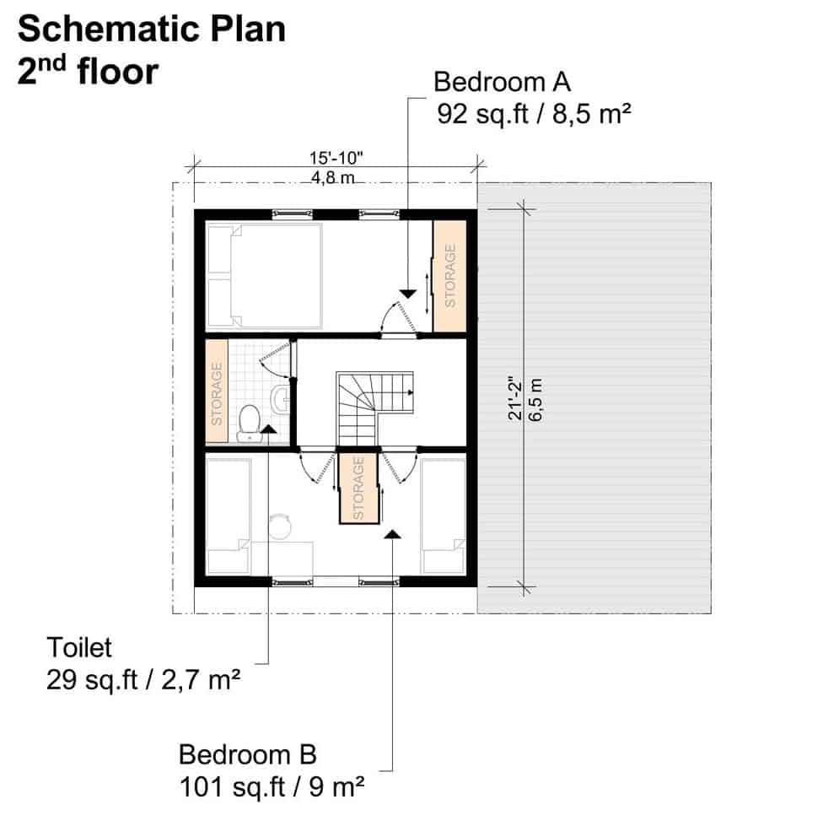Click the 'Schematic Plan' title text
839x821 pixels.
tap(152, 30)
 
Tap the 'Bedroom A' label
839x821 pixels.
tap(502, 82)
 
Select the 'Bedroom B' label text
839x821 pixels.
tap(247, 754)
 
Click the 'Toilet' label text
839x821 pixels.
tap(79, 647)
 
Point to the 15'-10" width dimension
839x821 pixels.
tap(336, 158)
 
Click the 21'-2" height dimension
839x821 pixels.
tap(514, 397)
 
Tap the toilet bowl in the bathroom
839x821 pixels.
tap(250, 423)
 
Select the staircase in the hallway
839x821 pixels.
tap(374, 408)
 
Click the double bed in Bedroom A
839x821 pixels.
tap(264, 276)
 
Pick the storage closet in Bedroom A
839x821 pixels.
tap(449, 276)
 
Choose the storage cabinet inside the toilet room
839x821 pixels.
tap(217, 392)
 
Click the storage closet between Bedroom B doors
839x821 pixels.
tap(359, 488)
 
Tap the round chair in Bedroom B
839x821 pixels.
tap(279, 527)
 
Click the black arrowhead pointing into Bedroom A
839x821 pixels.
tap(408, 294)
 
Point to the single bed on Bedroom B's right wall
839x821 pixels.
tap(443, 516)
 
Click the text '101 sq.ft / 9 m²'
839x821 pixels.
tap(272, 787)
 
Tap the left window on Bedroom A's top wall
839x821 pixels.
tap(292, 214)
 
